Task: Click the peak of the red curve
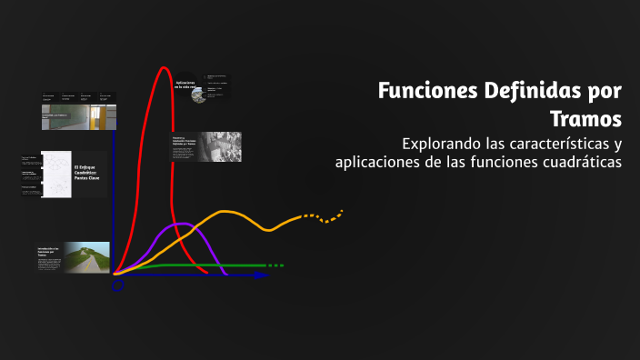click(x=165, y=68)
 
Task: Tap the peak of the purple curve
click(x=180, y=224)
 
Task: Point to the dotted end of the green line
click(x=274, y=265)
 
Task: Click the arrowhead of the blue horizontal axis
click(x=263, y=274)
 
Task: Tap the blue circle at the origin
click(x=117, y=285)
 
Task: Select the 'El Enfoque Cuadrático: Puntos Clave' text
click(x=88, y=173)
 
